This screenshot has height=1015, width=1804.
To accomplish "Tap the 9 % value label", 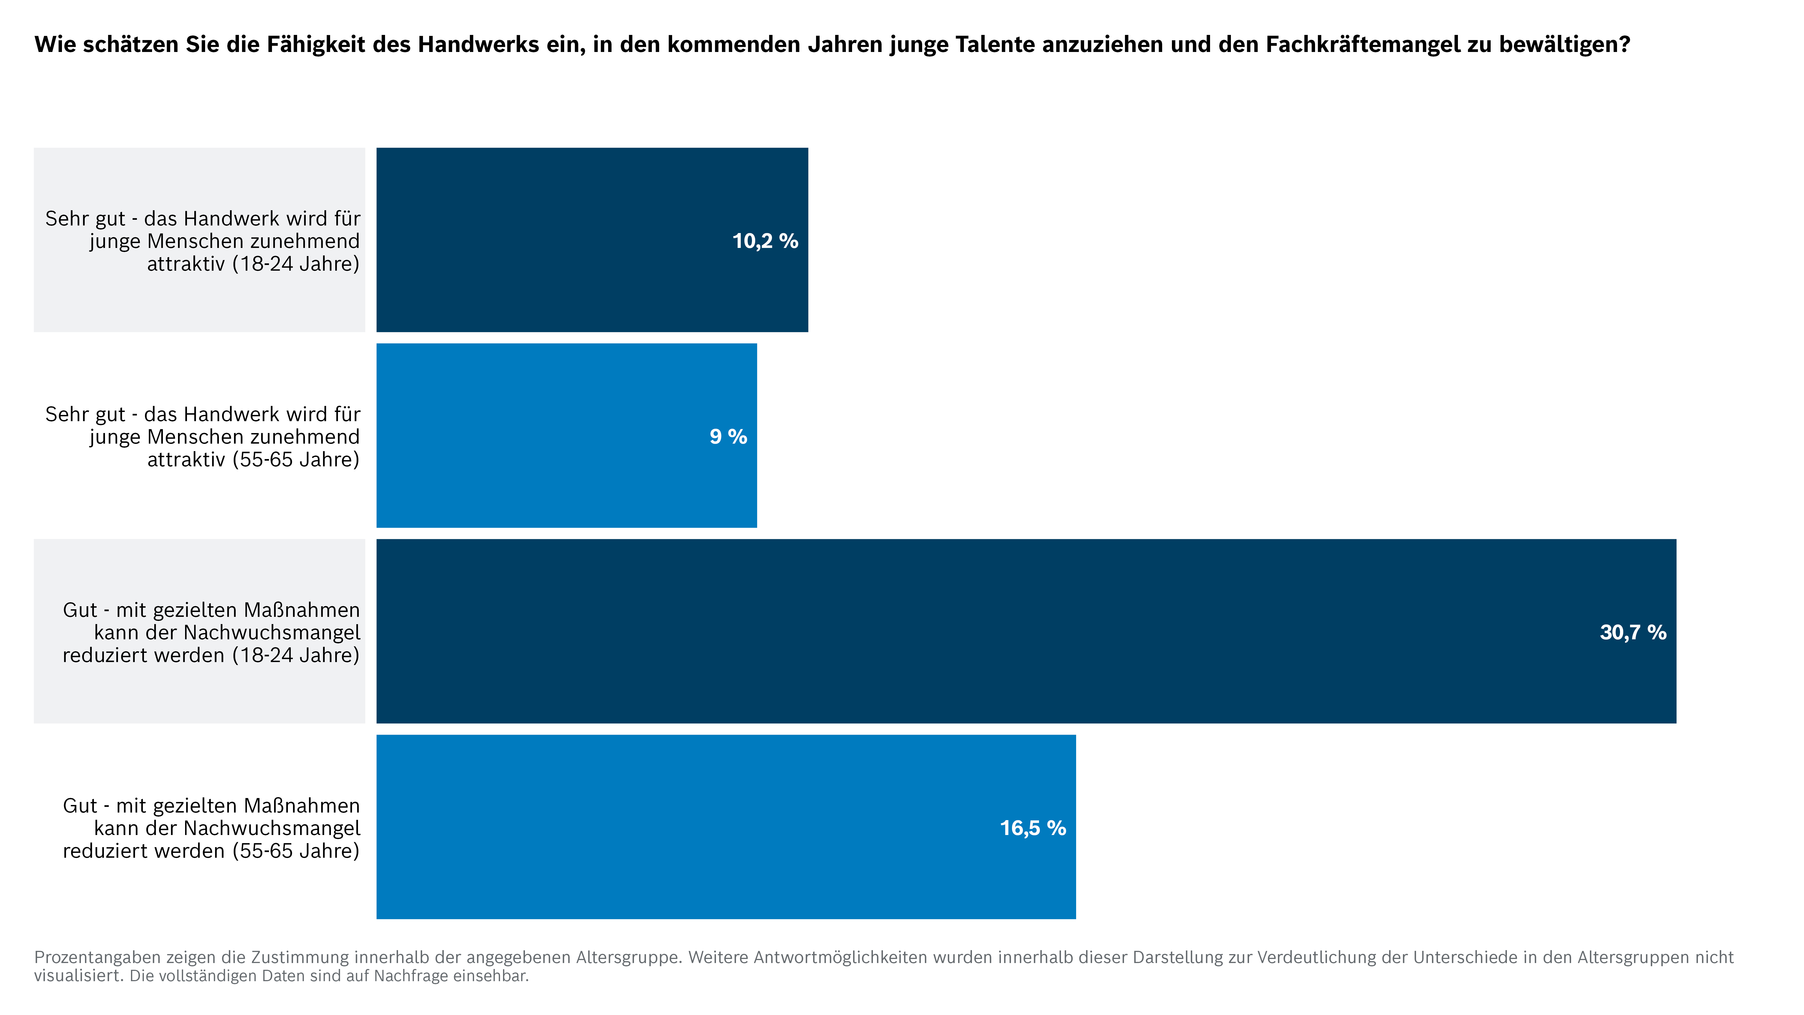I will point(728,436).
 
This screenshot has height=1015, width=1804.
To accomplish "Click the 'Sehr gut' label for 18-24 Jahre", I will point(202,241).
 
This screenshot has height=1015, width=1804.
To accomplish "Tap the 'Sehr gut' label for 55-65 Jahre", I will point(202,436).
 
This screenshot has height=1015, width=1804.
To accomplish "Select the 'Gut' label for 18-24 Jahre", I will point(211,633).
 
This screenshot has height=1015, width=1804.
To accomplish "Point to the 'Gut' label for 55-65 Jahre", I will point(211,828).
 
